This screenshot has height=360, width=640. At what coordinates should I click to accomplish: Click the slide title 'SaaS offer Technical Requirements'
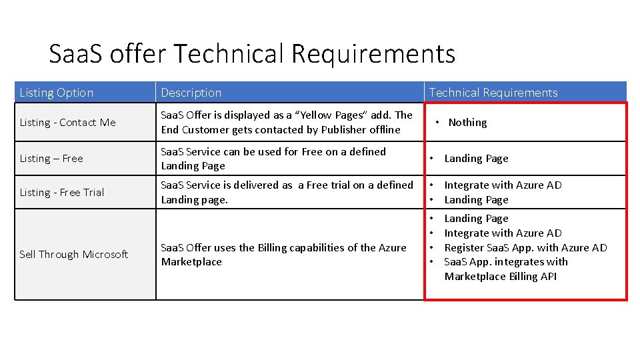point(252,53)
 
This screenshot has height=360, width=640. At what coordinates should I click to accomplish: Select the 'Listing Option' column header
point(57,93)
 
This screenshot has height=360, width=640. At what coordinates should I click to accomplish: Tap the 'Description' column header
point(191,93)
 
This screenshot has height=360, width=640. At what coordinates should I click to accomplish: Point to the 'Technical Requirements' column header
point(493,93)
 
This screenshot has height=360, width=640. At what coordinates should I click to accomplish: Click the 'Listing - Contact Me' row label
point(67,123)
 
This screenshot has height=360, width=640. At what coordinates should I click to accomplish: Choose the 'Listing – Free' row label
point(51,159)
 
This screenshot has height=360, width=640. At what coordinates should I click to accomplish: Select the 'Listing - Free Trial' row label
point(62,193)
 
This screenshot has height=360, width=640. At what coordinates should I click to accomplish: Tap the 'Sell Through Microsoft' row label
point(74,255)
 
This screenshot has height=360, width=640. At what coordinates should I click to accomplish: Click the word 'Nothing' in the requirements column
point(467,123)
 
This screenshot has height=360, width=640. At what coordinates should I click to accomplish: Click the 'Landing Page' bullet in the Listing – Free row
point(476,159)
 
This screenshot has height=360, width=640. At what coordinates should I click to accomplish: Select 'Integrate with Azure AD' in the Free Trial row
point(503,185)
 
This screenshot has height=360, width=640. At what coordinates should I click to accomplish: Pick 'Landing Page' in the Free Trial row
point(476,200)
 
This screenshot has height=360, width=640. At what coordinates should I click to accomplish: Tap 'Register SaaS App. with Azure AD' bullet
point(525,248)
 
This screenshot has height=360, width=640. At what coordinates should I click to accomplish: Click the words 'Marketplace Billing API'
point(500,277)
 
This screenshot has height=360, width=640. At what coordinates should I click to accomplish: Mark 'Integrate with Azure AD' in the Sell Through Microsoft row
point(503,233)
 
